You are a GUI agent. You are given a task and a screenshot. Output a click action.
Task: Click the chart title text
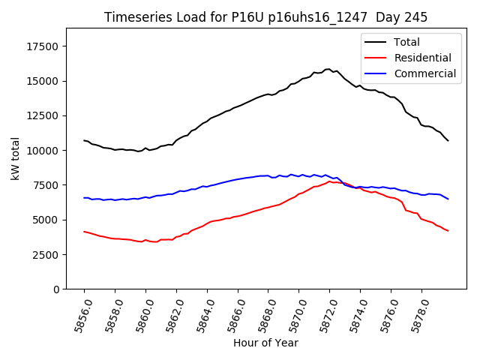[265, 17]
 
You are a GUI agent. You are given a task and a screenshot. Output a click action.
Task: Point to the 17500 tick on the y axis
[42, 46]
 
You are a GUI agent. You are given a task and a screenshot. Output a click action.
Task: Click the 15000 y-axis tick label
[42, 81]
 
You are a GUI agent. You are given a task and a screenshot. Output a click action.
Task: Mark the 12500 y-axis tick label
[42, 115]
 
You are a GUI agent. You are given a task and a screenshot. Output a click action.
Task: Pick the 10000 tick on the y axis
[42, 151]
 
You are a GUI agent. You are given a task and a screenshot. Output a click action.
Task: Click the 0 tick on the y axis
[56, 289]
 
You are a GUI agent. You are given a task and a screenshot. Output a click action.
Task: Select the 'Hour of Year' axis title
[265, 343]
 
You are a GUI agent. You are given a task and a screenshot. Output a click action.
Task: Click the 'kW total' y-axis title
[15, 159]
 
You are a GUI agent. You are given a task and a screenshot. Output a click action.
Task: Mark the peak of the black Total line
[328, 69]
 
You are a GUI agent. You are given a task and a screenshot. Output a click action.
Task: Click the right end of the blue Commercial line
[448, 199]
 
